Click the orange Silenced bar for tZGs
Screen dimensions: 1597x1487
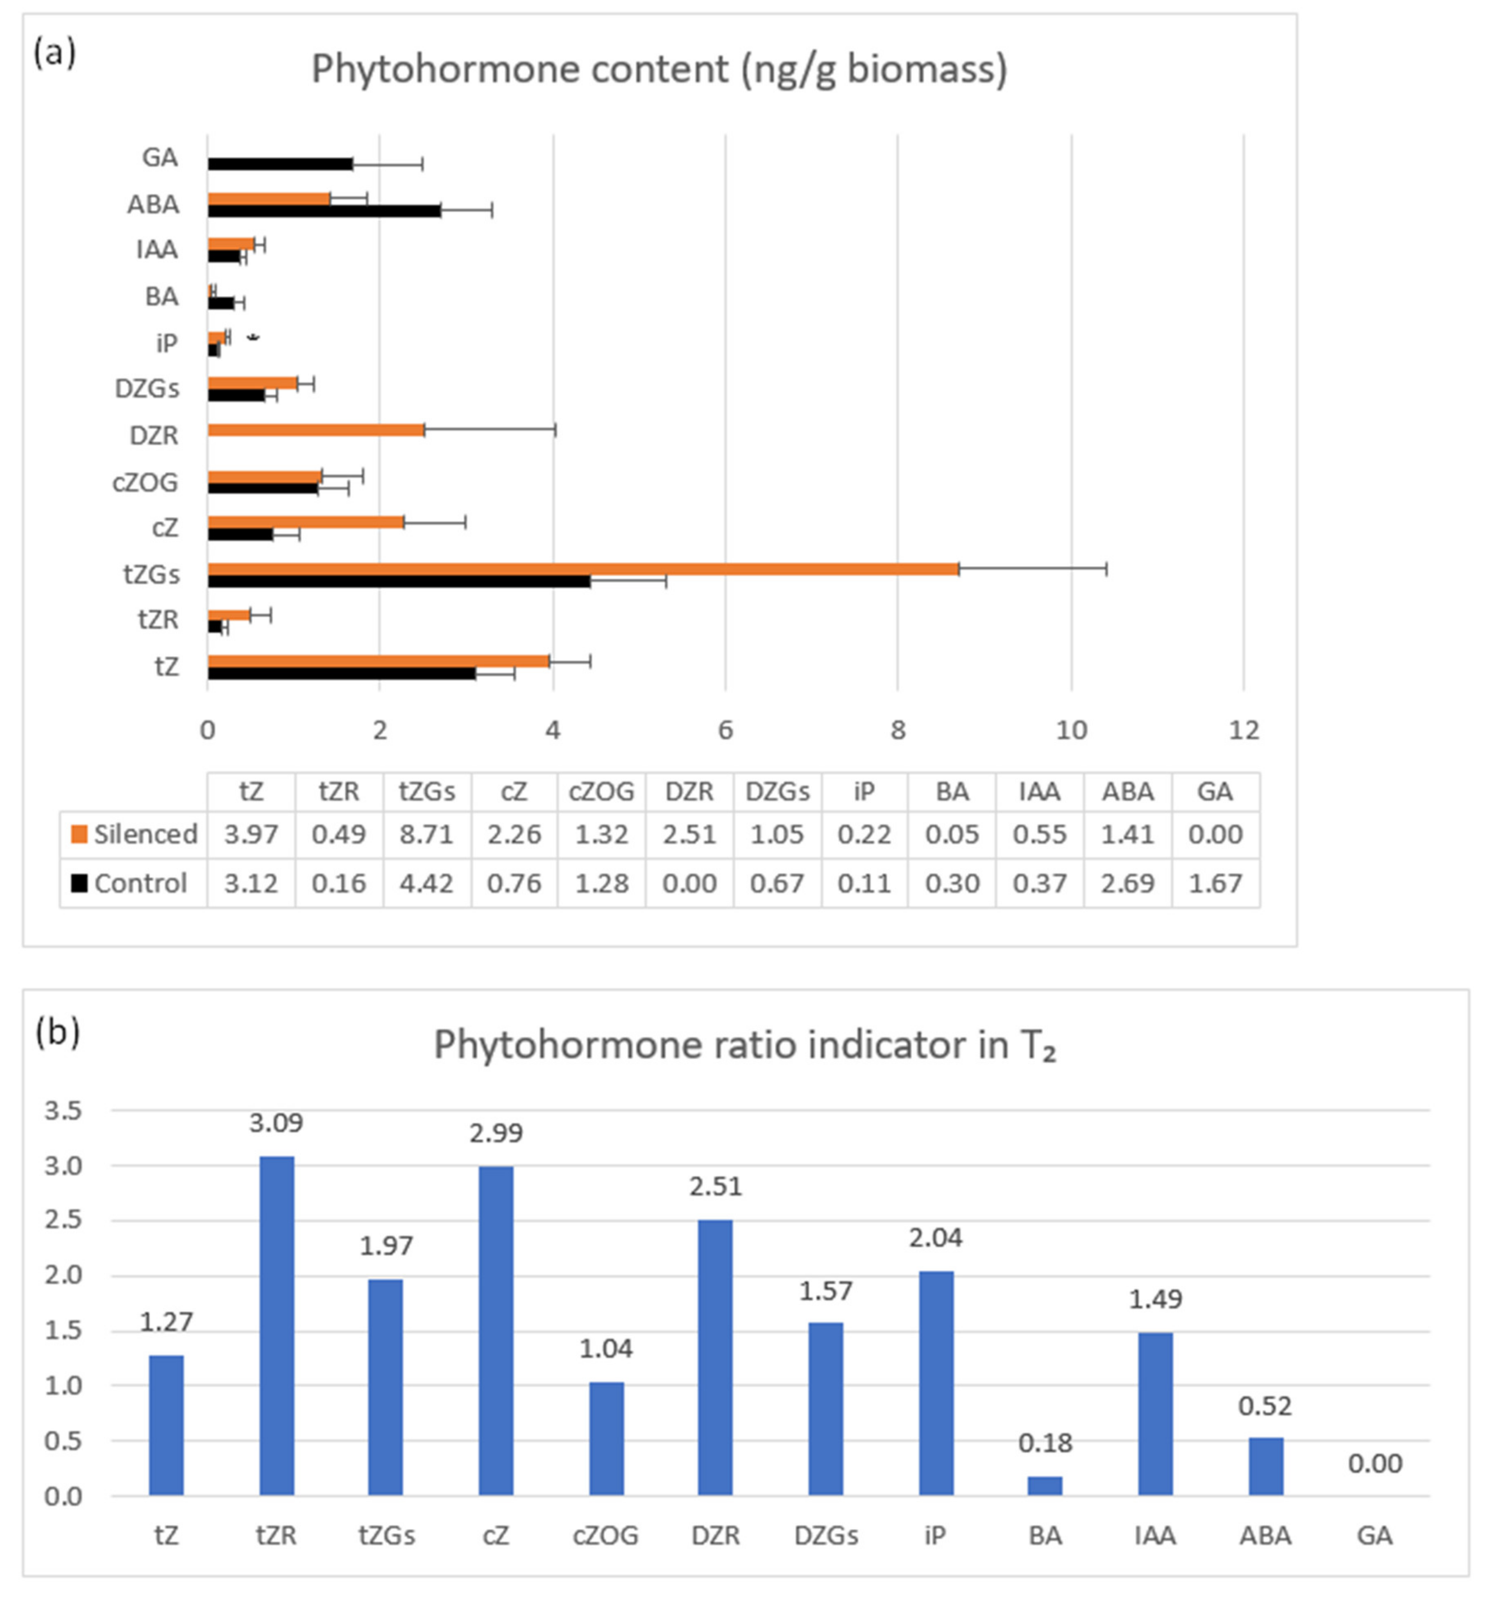583,569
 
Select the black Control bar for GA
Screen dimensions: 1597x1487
279,164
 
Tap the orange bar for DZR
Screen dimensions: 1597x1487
316,430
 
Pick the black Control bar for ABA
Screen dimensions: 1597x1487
324,211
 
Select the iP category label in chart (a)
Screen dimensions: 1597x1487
166,343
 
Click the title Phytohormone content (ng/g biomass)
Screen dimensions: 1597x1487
659,69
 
